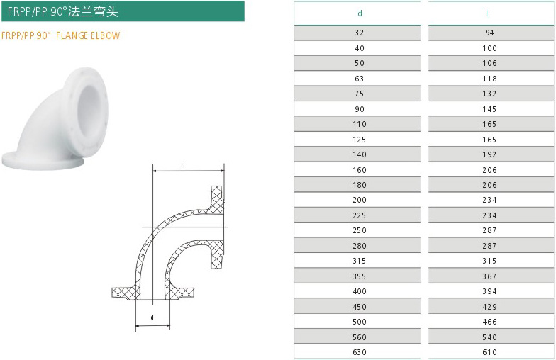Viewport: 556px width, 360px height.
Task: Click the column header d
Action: [360, 13]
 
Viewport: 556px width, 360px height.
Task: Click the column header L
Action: [488, 13]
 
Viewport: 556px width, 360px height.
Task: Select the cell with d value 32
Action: [359, 33]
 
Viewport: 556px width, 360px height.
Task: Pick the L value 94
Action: [489, 33]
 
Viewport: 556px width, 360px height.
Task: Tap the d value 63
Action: [359, 79]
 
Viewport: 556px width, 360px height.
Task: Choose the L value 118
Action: [489, 79]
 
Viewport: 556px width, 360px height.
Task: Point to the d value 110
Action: [359, 124]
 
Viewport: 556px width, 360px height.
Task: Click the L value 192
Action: [489, 154]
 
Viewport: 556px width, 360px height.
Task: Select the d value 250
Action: [359, 230]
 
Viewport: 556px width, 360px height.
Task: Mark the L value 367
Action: [489, 276]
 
